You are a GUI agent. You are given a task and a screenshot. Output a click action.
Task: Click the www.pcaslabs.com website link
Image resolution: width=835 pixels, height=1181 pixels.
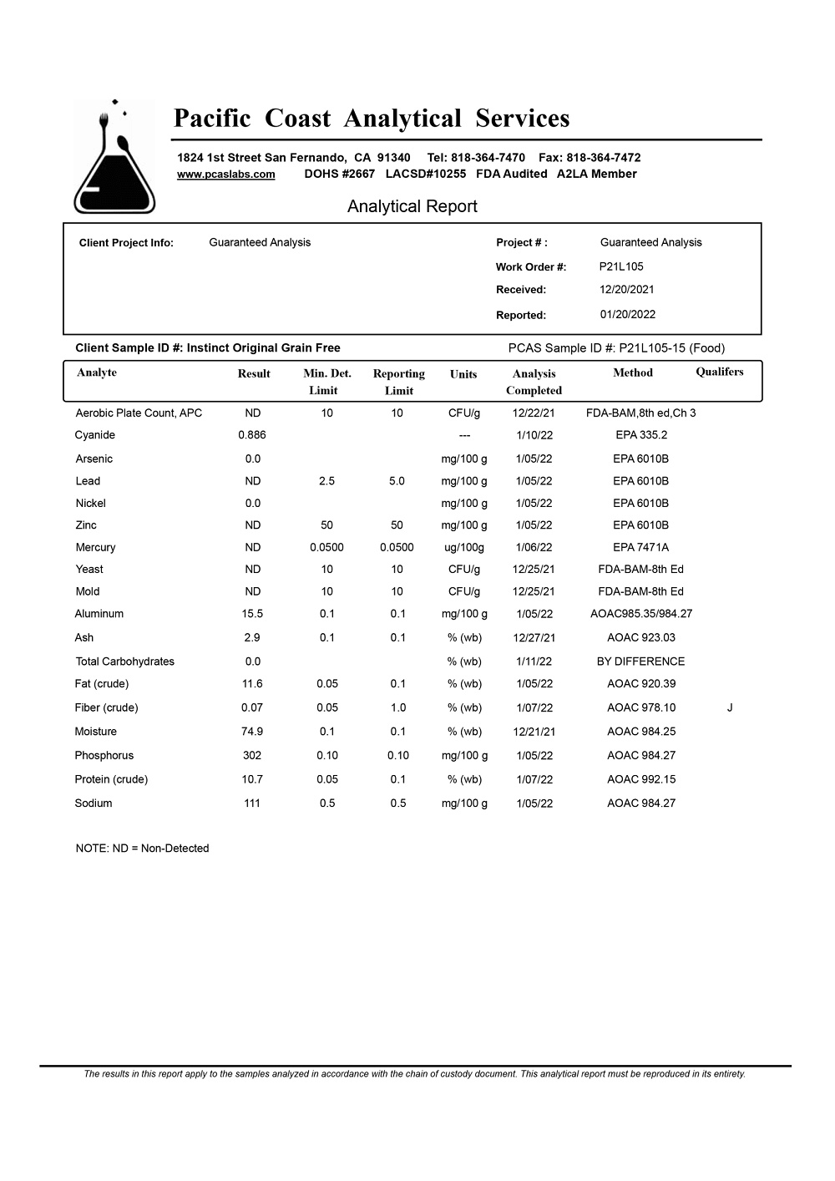tap(225, 175)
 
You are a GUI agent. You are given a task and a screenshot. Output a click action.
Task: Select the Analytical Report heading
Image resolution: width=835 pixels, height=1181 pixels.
tap(412, 206)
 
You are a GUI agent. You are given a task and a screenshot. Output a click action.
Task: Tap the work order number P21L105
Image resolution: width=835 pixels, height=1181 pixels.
tap(621, 266)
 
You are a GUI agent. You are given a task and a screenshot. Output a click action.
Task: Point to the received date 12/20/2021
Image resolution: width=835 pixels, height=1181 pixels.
tap(626, 290)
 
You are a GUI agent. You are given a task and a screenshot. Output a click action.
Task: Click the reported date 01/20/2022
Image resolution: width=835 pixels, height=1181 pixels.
tap(627, 315)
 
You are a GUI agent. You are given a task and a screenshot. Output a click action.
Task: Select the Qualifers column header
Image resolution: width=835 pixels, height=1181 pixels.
tap(719, 373)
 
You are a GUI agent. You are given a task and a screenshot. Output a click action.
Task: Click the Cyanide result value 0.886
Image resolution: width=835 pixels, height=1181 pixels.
tap(252, 435)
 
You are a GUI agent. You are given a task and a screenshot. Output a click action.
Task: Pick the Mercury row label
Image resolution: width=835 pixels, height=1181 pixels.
tap(95, 548)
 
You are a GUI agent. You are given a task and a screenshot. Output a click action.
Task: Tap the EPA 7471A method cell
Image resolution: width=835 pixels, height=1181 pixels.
tap(640, 548)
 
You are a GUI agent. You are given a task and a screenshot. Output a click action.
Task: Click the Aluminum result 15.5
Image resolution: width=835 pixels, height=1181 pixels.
tap(252, 614)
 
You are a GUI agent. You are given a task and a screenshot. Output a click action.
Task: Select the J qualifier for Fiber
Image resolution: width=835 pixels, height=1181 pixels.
tap(730, 707)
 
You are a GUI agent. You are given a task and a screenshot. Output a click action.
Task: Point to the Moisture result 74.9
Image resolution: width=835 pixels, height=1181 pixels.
tap(252, 732)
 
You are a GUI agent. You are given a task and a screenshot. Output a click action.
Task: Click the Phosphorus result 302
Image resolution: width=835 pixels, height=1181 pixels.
tap(252, 756)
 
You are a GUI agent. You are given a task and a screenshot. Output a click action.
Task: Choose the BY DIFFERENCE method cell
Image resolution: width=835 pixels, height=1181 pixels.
tap(640, 661)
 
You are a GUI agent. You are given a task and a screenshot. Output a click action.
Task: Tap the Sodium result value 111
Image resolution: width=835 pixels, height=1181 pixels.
tap(252, 803)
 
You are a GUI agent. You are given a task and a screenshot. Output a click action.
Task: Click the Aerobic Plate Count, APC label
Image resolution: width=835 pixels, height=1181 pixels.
tap(139, 413)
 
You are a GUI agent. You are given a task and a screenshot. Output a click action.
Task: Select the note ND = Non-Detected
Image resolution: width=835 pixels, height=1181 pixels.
tap(142, 849)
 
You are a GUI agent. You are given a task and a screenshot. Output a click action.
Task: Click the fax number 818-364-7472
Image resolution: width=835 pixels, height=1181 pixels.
tap(603, 158)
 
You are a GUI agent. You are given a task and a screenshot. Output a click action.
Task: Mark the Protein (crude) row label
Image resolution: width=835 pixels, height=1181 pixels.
tap(111, 780)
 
